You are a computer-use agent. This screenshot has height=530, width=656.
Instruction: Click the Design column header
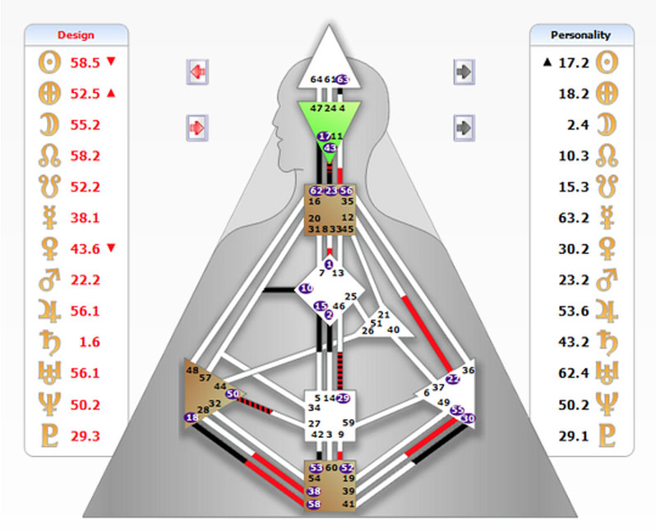pos(76,35)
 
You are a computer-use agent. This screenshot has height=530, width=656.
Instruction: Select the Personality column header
pos(580,35)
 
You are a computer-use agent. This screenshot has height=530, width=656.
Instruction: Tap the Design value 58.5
pos(84,62)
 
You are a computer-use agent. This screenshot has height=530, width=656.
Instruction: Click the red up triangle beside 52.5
pos(112,94)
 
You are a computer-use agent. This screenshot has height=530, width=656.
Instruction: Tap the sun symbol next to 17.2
pos(607,62)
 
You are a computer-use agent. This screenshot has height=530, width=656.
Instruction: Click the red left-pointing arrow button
pos(197,71)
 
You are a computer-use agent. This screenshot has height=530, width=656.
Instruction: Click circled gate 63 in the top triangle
pos(343,80)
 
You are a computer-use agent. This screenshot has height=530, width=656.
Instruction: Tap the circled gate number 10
pos(306,288)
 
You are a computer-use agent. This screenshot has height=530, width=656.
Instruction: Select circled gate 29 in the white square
pos(344,399)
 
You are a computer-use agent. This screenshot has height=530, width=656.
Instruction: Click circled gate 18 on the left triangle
pos(192,418)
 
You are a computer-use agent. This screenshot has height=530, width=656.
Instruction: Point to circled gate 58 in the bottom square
pos(313,504)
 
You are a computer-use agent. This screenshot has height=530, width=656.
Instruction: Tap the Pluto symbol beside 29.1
pos(607,436)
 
